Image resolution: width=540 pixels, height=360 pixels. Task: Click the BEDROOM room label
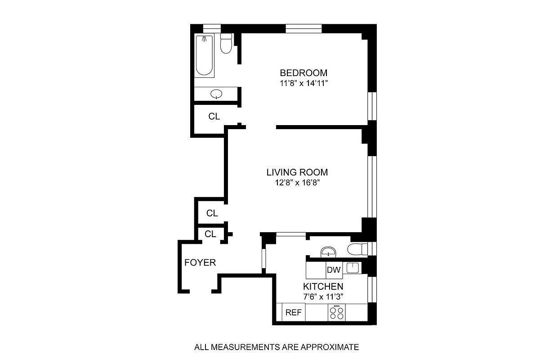pos(303,73)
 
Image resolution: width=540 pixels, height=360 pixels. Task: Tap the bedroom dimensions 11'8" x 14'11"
pos(304,83)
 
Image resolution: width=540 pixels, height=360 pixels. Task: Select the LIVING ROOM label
pos(297,172)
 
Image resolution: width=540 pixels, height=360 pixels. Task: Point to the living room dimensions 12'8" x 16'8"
pos(298,183)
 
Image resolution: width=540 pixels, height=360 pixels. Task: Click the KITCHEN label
pos(323,286)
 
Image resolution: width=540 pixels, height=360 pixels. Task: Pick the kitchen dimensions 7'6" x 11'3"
pos(323,297)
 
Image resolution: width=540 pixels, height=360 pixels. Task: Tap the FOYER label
pos(200,262)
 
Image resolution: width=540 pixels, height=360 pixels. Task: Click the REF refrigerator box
pos(294,312)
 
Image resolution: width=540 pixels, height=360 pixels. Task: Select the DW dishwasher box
pos(334,270)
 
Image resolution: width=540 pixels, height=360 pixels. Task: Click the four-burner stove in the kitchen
pos(337,312)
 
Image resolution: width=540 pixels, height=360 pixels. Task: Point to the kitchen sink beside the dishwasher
pos(353,268)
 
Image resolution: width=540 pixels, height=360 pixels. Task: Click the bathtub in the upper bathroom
pos(205,55)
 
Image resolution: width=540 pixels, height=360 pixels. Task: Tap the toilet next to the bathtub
pos(226,44)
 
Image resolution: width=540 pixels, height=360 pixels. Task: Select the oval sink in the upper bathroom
pos(216,94)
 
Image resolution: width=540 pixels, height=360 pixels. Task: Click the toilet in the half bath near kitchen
pos(357,249)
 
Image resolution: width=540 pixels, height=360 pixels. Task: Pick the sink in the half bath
pos(328,252)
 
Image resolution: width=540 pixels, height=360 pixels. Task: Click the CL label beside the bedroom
pos(214,116)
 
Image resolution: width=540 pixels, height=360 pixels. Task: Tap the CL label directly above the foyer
pos(210,234)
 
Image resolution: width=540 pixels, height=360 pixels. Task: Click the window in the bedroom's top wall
pos(304,28)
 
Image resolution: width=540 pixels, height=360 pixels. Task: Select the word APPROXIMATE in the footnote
pos(330,347)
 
